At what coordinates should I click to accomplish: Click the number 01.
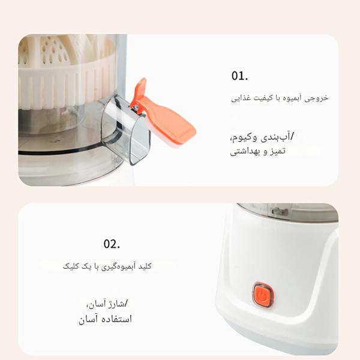[239, 76]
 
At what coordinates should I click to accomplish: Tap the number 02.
[112, 244]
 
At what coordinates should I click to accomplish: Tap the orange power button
[261, 295]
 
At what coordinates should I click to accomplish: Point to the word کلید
[145, 265]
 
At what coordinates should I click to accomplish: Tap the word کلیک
[71, 265]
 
